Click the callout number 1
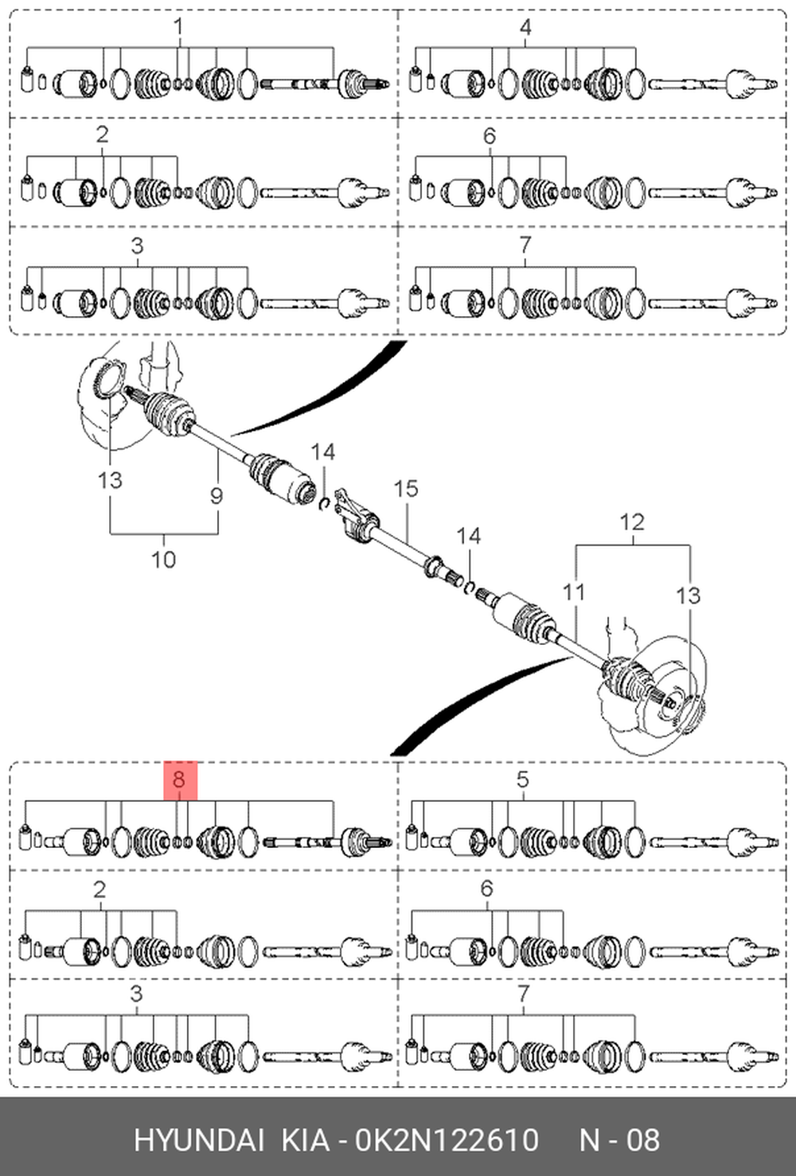179,27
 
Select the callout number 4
525,27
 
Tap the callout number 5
522,779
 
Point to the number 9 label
217,496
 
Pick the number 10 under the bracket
163,560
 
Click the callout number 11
573,592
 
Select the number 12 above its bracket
631,522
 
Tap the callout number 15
405,489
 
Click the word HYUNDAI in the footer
198,1140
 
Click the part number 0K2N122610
447,1140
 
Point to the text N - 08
619,1140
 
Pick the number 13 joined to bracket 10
110,480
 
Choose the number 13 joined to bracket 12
688,596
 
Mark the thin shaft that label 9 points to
220,443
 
